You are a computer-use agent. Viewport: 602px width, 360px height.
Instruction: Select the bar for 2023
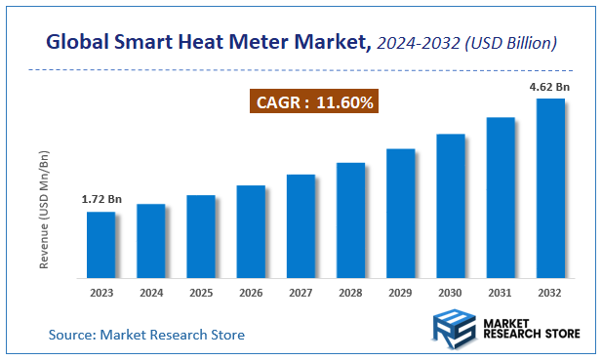(100, 244)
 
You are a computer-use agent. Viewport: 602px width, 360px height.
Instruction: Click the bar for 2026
(251, 231)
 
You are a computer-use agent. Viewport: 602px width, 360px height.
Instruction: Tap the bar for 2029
(400, 213)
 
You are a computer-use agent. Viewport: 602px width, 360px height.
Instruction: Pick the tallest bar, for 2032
(550, 187)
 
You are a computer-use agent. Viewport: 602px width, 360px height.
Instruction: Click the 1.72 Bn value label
(100, 199)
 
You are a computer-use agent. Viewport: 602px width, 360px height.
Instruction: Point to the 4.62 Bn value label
(549, 87)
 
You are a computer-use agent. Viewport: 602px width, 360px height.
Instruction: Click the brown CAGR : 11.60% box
(314, 101)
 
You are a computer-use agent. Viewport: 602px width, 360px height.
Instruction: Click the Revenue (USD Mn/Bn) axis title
(44, 209)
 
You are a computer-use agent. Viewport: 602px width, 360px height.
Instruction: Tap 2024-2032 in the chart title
(418, 43)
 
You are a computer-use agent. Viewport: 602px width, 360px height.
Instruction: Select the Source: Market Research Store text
(146, 335)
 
